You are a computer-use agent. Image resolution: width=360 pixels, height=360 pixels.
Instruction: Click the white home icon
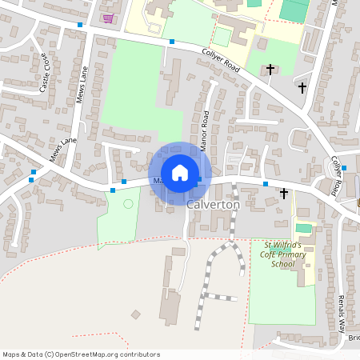pos(180,173)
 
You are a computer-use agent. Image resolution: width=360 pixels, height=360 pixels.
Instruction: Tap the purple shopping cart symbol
pos(108,18)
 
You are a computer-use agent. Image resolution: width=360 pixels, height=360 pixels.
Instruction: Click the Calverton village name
pos(213,205)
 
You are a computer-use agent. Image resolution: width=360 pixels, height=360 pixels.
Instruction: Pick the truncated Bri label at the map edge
pos(354,338)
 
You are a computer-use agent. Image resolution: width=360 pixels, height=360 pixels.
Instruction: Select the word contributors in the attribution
pos(137,354)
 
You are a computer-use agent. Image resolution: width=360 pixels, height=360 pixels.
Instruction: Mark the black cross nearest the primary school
pos(284,194)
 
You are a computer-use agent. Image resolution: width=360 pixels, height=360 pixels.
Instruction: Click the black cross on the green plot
pos(270,70)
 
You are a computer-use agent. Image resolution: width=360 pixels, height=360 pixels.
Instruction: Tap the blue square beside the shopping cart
pos(79,25)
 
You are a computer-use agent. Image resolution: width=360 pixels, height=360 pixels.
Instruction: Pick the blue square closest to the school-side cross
pos(266,184)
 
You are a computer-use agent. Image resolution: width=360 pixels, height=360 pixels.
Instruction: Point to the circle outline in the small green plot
pos(128,204)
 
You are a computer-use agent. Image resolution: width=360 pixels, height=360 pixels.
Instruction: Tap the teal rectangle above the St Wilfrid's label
pos(304,229)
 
